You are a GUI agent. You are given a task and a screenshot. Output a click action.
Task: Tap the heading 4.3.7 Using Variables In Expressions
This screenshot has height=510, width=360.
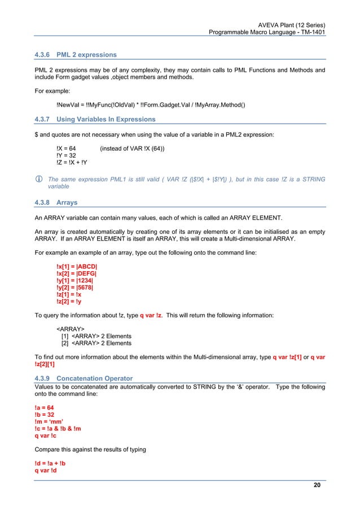click(x=95, y=119)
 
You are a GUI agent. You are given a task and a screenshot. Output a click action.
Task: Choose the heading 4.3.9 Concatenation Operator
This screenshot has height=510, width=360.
click(x=84, y=378)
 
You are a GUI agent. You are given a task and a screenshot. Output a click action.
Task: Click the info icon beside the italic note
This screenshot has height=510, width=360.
click(x=38, y=180)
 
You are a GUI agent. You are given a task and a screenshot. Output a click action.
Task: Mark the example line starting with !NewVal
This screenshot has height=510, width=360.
click(x=151, y=104)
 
